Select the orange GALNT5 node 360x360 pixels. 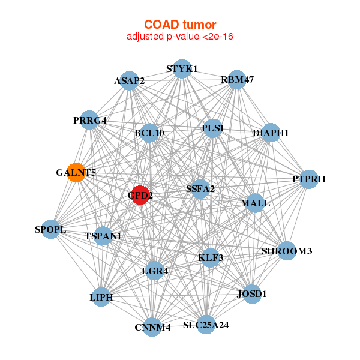(76, 172)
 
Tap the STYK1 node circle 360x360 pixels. (182, 68)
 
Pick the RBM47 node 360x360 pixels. (237, 79)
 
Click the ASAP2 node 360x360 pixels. (129, 80)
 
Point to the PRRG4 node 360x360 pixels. (89, 120)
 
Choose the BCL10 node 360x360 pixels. (149, 132)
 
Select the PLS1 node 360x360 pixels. (213, 128)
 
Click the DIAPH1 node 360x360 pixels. (271, 133)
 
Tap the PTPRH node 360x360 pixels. (308, 179)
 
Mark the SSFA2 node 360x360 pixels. (200, 189)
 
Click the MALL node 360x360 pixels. (255, 203)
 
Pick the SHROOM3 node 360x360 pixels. (287, 251)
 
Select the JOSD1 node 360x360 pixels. (252, 294)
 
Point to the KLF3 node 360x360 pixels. (211, 258)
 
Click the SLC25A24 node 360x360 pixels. (206, 325)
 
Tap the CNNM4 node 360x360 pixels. (152, 327)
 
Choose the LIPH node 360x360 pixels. (101, 297)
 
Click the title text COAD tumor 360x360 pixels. (179, 25)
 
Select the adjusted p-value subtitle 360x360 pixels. (179, 37)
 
